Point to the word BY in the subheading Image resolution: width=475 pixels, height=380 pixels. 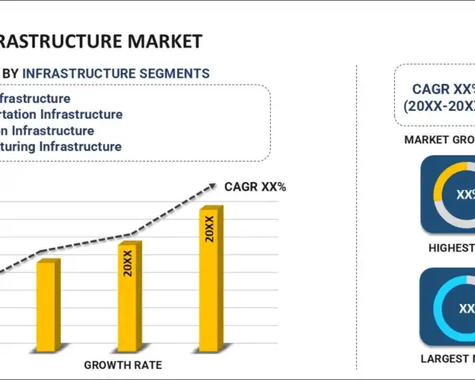tap(11, 74)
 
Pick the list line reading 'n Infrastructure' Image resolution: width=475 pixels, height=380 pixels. tap(47, 131)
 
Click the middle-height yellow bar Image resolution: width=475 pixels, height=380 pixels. tap(128, 296)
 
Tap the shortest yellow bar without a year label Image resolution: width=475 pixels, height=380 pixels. tap(47, 305)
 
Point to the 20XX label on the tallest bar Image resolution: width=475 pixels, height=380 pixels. tap(210, 228)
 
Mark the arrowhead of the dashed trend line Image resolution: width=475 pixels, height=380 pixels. tap(212, 187)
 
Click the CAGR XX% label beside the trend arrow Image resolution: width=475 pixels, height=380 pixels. tap(255, 187)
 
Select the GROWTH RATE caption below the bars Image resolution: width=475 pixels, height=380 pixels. tap(123, 365)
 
